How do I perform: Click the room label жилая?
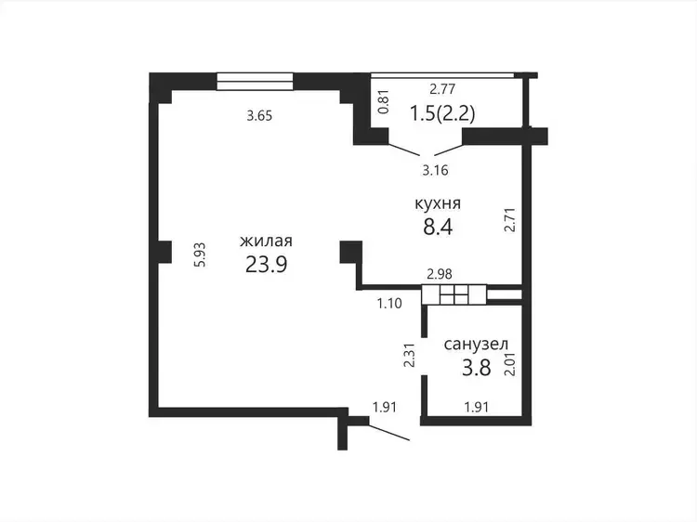tap(266, 241)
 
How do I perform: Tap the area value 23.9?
tap(267, 266)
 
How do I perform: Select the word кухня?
tap(438, 204)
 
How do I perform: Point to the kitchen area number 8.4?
tap(438, 227)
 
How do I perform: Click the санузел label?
tap(476, 345)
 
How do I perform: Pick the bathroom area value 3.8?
tap(476, 368)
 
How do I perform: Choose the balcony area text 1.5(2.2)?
tap(441, 113)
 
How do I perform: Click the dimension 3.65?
tap(259, 116)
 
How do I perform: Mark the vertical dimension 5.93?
tap(201, 254)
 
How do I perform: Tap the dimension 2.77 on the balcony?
tap(442, 89)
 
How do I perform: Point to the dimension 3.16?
tap(435, 171)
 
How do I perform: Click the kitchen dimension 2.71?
tap(510, 219)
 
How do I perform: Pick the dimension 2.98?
tap(440, 274)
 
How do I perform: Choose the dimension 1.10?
tap(389, 304)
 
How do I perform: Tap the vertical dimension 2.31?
tap(409, 355)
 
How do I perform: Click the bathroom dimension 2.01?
tap(510, 365)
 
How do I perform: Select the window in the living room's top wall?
tap(256, 82)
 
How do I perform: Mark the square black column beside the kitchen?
tap(350, 252)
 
